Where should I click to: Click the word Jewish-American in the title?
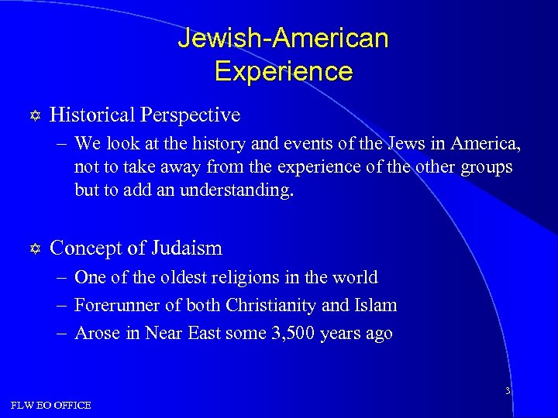pos(283,38)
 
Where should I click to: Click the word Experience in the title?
pos(283,71)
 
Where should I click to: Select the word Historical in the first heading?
pos(91,115)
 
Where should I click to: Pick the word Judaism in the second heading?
pos(186,248)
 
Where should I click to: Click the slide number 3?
pos(507,391)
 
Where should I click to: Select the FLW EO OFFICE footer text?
pos(51,405)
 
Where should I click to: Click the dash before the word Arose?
pos(64,334)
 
